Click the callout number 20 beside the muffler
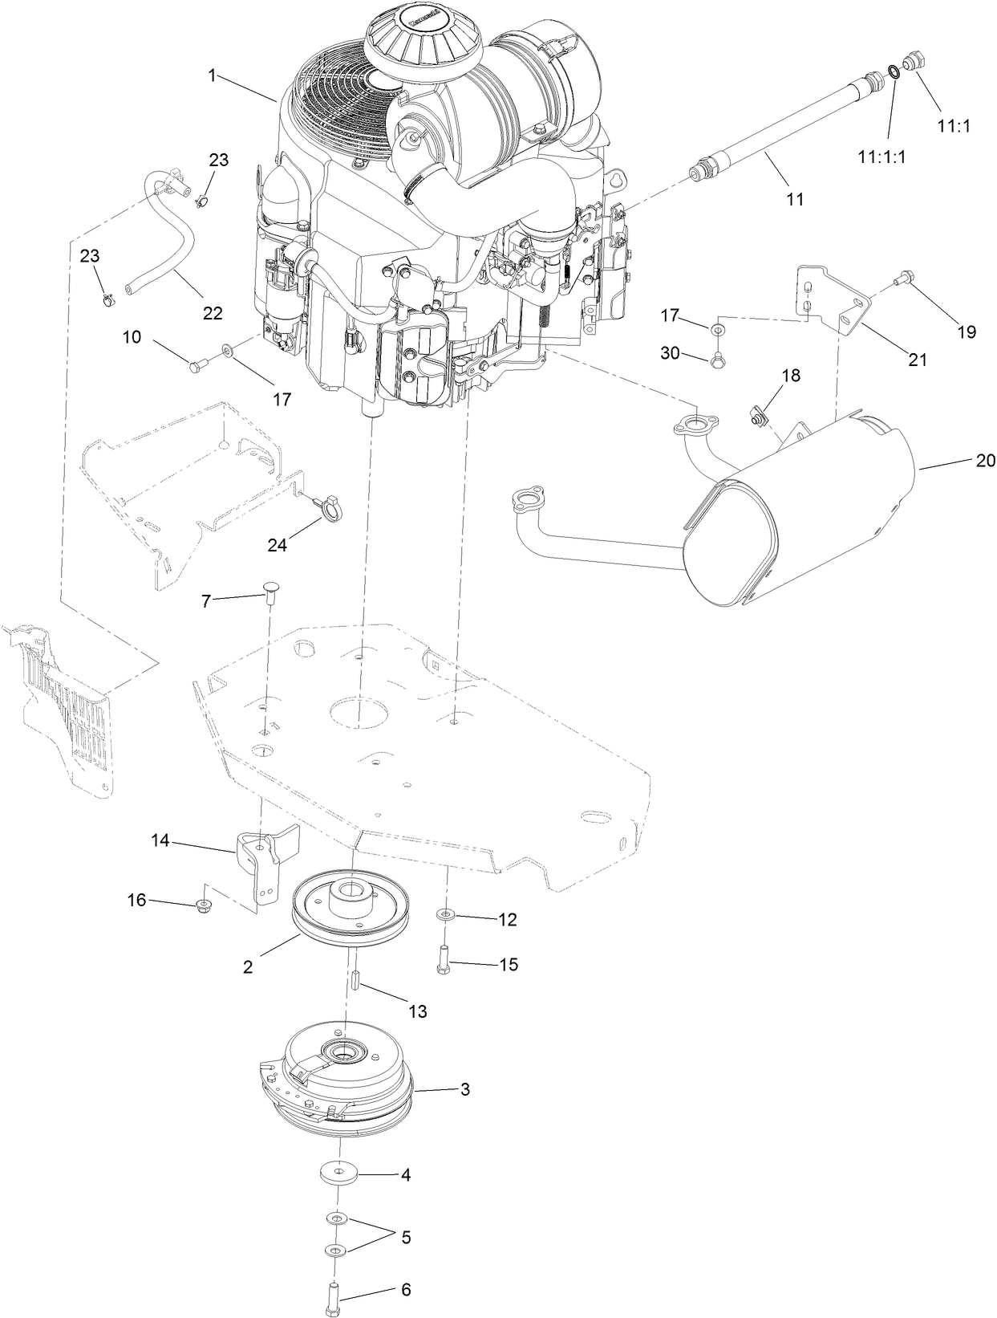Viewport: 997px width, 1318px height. point(985,460)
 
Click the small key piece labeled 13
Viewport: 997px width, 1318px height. point(352,981)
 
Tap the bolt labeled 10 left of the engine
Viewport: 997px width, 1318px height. point(197,367)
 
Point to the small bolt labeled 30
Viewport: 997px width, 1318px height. point(716,360)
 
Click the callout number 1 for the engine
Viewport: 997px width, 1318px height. point(213,75)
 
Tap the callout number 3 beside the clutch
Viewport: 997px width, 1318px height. point(464,1089)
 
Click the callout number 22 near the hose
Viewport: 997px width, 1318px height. point(213,313)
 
